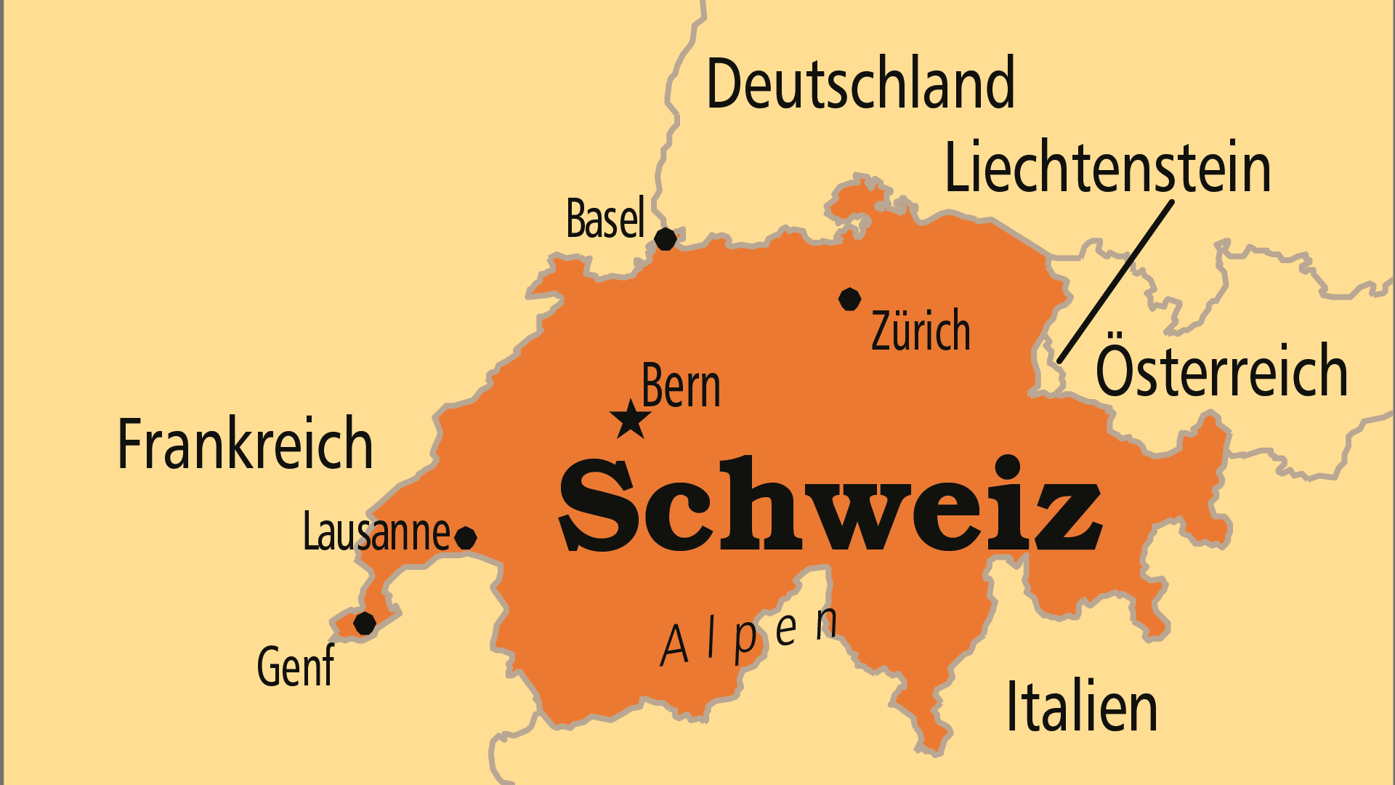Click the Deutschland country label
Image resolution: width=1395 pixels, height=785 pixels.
[860, 84]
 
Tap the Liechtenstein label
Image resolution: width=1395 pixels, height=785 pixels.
[1107, 168]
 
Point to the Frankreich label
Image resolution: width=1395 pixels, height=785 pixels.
[245, 444]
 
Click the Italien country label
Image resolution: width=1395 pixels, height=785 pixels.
[1081, 706]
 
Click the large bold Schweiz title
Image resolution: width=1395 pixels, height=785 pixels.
[830, 504]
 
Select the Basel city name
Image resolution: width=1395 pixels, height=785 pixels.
[605, 218]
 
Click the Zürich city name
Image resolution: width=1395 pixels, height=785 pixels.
[921, 331]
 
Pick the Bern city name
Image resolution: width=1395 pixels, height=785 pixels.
[681, 386]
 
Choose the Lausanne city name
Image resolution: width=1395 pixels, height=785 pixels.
[376, 532]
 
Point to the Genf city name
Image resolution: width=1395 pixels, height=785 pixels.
[295, 666]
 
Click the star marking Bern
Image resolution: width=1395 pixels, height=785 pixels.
[630, 420]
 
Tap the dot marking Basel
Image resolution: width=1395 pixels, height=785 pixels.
[666, 238]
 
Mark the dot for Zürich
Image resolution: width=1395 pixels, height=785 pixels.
[849, 299]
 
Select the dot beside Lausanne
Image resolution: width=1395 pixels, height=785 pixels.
[466, 538]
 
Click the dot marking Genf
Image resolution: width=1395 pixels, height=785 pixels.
[365, 623]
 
